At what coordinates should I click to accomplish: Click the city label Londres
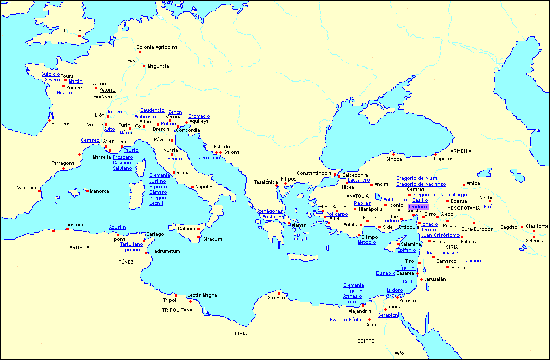73,31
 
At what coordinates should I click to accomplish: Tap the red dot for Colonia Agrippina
140,52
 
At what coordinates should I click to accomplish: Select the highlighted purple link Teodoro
418,207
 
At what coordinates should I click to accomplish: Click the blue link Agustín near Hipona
117,227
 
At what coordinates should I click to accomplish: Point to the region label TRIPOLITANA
177,310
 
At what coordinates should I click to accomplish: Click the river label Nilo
399,353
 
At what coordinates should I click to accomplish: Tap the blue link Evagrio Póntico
347,320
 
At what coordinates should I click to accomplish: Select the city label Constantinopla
314,173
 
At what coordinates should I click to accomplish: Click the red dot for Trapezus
435,154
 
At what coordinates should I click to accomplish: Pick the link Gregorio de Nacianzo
421,184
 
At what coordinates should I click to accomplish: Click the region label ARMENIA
461,151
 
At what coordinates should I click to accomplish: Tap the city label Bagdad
508,227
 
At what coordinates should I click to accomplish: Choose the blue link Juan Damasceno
445,253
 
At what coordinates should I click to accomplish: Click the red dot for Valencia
40,190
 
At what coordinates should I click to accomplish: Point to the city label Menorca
99,191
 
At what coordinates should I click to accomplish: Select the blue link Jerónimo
209,158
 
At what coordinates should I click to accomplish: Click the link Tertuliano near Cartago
131,244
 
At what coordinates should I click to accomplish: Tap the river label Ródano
103,96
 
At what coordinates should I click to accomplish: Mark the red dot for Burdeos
49,120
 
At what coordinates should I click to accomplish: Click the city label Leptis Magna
202,295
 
